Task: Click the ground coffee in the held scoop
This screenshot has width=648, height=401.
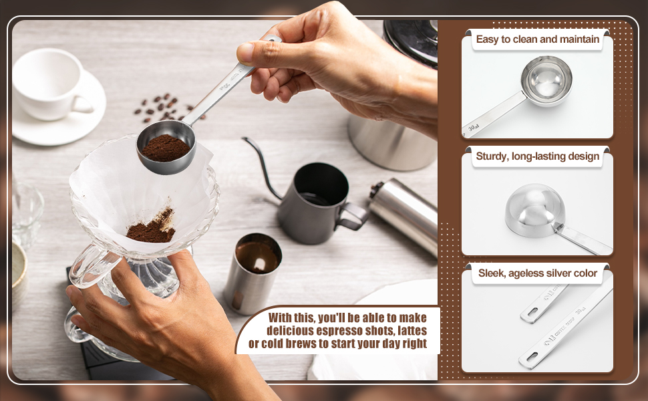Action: click(x=164, y=148)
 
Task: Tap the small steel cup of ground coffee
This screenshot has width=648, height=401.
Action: click(x=252, y=271)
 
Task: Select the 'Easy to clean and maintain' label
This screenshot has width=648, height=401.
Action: click(x=537, y=39)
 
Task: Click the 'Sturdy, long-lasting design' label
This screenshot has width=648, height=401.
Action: click(x=537, y=156)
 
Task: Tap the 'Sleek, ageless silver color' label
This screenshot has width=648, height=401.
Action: click(x=537, y=273)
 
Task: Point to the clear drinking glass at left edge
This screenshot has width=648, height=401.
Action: click(x=25, y=214)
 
